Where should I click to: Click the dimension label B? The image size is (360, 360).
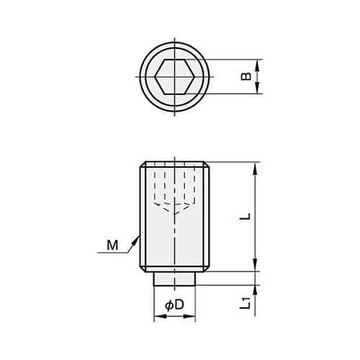(x=246, y=76)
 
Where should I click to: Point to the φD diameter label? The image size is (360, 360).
(x=174, y=305)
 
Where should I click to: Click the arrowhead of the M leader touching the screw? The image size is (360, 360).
(x=138, y=233)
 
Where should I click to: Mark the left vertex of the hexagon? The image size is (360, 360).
(x=156, y=76)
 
